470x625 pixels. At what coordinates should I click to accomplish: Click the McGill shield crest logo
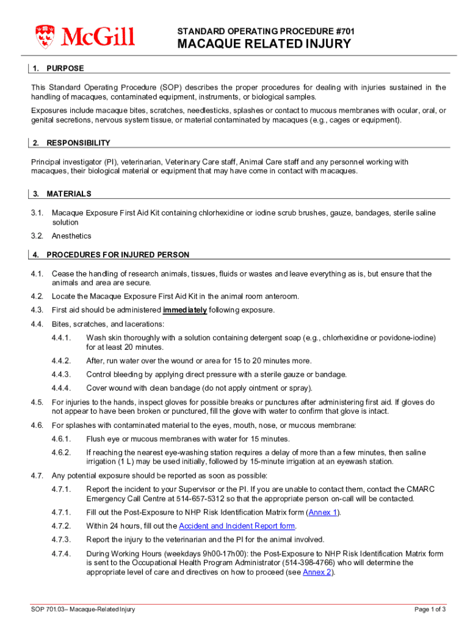pos(46,37)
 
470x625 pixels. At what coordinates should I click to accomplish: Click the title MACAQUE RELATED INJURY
pos(264,44)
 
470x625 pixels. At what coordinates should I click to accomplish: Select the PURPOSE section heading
pos(65,68)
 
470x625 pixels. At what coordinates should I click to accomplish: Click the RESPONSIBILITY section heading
pos(79,143)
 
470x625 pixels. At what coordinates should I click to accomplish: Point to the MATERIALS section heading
pos(69,193)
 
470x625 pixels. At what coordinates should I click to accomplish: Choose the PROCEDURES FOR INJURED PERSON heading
pos(118,255)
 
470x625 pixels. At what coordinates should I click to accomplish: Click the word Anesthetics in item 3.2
pos(71,236)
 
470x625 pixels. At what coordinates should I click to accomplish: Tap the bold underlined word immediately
pos(185,310)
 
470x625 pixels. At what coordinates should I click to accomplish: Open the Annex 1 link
pos(323,512)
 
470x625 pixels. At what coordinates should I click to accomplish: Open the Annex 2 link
pos(317,573)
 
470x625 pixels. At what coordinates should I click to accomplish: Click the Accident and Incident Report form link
pos(237,526)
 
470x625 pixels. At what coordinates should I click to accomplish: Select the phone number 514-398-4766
pos(328,563)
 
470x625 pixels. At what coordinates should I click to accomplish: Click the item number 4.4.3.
pos(62,374)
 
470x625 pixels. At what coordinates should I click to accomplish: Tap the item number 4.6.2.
pos(62,452)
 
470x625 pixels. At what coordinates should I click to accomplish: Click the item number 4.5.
pos(37,402)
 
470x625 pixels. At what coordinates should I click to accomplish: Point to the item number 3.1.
pos(37,213)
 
